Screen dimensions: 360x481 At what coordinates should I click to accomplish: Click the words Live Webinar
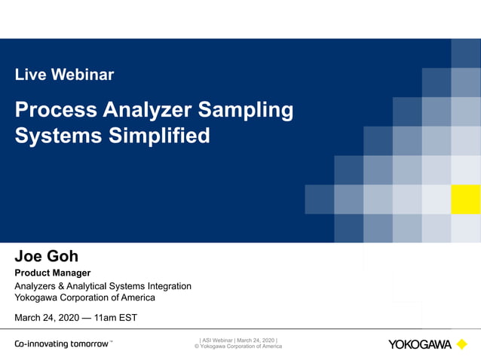coord(64,75)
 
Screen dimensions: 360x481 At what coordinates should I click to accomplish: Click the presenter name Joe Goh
coord(47,256)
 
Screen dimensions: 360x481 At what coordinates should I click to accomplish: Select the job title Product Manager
coord(53,273)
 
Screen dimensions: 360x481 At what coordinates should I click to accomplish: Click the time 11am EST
coord(114,318)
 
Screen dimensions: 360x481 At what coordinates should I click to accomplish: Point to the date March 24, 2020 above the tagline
coord(47,318)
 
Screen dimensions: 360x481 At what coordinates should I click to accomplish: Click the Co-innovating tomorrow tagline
coord(63,344)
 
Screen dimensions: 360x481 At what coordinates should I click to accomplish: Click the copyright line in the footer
coord(238,346)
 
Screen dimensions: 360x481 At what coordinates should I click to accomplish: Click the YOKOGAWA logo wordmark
coord(420,345)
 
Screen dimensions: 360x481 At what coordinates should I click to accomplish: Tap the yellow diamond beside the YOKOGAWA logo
coord(461,344)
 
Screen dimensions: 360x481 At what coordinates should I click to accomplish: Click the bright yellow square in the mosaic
coord(465,200)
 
